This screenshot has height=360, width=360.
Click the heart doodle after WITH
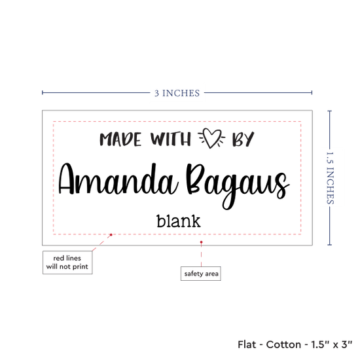coord(211,138)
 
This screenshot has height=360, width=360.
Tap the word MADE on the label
coord(120,139)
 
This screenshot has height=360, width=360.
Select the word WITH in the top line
coord(171,139)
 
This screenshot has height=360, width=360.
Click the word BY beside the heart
coord(243,139)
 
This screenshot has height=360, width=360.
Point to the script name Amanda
coord(118,179)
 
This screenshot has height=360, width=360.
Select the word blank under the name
coord(179,221)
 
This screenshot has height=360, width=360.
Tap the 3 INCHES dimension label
coord(177,93)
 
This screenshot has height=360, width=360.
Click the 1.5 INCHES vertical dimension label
coord(330,178)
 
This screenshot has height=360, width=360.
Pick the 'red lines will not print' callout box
coord(67,262)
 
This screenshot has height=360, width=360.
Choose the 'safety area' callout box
coord(201,274)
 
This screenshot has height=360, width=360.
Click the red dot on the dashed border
coord(111,234)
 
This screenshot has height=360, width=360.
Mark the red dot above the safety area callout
coord(201,242)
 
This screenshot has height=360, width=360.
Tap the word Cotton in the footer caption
coord(283,344)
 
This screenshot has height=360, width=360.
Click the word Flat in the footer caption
coord(247,344)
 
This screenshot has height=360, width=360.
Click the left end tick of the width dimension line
coord(43,92)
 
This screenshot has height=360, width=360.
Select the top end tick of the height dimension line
coord(329,111)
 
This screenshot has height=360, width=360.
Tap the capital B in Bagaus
coord(195,179)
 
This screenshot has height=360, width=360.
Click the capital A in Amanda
coord(67,179)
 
